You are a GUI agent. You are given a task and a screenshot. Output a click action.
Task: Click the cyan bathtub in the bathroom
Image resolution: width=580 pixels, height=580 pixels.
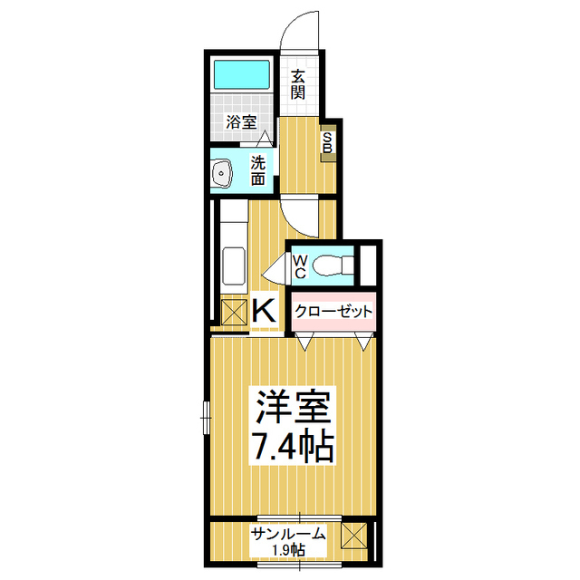click(242, 74)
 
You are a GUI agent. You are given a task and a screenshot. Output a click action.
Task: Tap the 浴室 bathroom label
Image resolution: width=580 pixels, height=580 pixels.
click(242, 121)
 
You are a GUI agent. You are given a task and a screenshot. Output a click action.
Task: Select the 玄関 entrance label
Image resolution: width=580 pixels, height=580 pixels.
click(298, 84)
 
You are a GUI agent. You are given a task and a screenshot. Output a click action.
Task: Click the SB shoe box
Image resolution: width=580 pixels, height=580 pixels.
click(328, 143)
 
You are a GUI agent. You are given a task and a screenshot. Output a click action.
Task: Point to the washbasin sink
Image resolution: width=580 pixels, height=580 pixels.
click(221, 173)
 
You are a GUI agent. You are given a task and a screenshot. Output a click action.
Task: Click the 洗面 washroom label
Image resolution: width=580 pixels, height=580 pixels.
click(258, 170)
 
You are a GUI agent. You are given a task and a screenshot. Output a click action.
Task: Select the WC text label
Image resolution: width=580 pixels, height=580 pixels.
click(300, 266)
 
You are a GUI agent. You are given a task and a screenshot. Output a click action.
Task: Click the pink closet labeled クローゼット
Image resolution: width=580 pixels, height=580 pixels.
click(333, 312)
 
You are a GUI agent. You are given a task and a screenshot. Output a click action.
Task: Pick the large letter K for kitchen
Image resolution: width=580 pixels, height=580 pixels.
click(264, 311)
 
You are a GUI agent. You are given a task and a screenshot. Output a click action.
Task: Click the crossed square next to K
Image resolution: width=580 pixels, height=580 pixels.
click(234, 312)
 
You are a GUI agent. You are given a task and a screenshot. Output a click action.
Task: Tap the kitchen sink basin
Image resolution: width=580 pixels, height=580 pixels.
click(234, 266)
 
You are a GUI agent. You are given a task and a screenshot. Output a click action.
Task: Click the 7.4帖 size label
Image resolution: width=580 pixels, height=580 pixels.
click(293, 445)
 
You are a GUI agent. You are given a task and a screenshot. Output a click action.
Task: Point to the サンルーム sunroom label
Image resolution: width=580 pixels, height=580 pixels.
click(288, 534)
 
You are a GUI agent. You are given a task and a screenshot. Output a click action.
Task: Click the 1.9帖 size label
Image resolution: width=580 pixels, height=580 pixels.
click(288, 550)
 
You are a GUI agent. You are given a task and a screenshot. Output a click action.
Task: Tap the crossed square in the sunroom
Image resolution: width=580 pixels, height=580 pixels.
click(354, 536)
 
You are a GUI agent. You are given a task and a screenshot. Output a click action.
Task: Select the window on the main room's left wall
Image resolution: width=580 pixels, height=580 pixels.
click(207, 418)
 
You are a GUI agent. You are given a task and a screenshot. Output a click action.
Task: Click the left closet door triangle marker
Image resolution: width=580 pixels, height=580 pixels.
click(304, 341)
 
